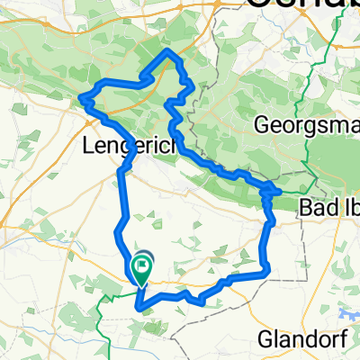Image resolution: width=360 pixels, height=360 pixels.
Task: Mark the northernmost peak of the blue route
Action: point(168,52)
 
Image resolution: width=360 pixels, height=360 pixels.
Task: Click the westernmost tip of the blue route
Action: point(81,96)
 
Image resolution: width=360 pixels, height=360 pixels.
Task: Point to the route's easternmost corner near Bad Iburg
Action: point(279,192)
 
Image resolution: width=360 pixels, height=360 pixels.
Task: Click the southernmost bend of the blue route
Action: point(138,306)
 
